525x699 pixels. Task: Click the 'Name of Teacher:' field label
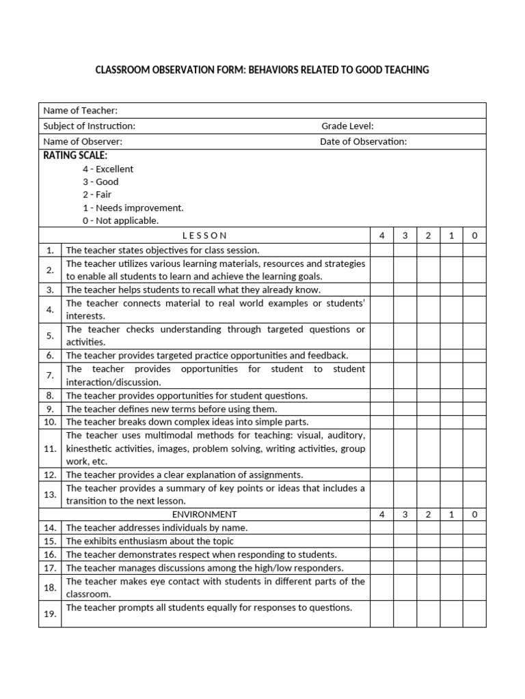pos(80,111)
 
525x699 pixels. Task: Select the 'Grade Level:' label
pos(347,126)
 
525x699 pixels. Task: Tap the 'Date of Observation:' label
pos(363,142)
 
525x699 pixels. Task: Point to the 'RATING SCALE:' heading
pos(75,156)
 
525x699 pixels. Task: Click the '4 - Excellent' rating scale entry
pos(108,169)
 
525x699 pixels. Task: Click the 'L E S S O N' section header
pos(205,236)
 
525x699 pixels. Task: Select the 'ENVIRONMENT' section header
pos(205,514)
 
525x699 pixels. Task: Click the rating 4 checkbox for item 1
pos(382,250)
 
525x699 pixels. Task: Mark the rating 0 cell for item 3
pos(474,289)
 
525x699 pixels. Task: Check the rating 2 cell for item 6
pos(428,355)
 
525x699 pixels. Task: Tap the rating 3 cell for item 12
pos(405,474)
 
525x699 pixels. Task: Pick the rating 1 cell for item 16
pos(451,554)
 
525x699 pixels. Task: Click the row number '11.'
pos(50,448)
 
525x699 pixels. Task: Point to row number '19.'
pos(50,614)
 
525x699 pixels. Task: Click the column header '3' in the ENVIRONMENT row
pos(405,514)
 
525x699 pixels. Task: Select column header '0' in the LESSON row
pos(474,236)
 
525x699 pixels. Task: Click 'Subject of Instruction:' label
pos(89,126)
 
